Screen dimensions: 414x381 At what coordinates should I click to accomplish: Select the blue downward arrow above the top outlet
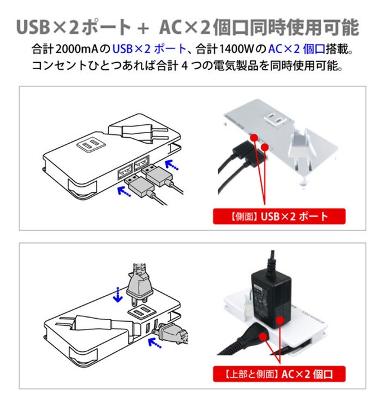pyautogui.click(x=120, y=292)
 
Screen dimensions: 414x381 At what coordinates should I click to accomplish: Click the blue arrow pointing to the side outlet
pyautogui.click(x=157, y=341)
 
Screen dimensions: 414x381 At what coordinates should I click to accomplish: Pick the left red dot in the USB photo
pyautogui.click(x=254, y=138)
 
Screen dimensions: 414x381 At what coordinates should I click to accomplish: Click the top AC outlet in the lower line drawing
pyautogui.click(x=138, y=313)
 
